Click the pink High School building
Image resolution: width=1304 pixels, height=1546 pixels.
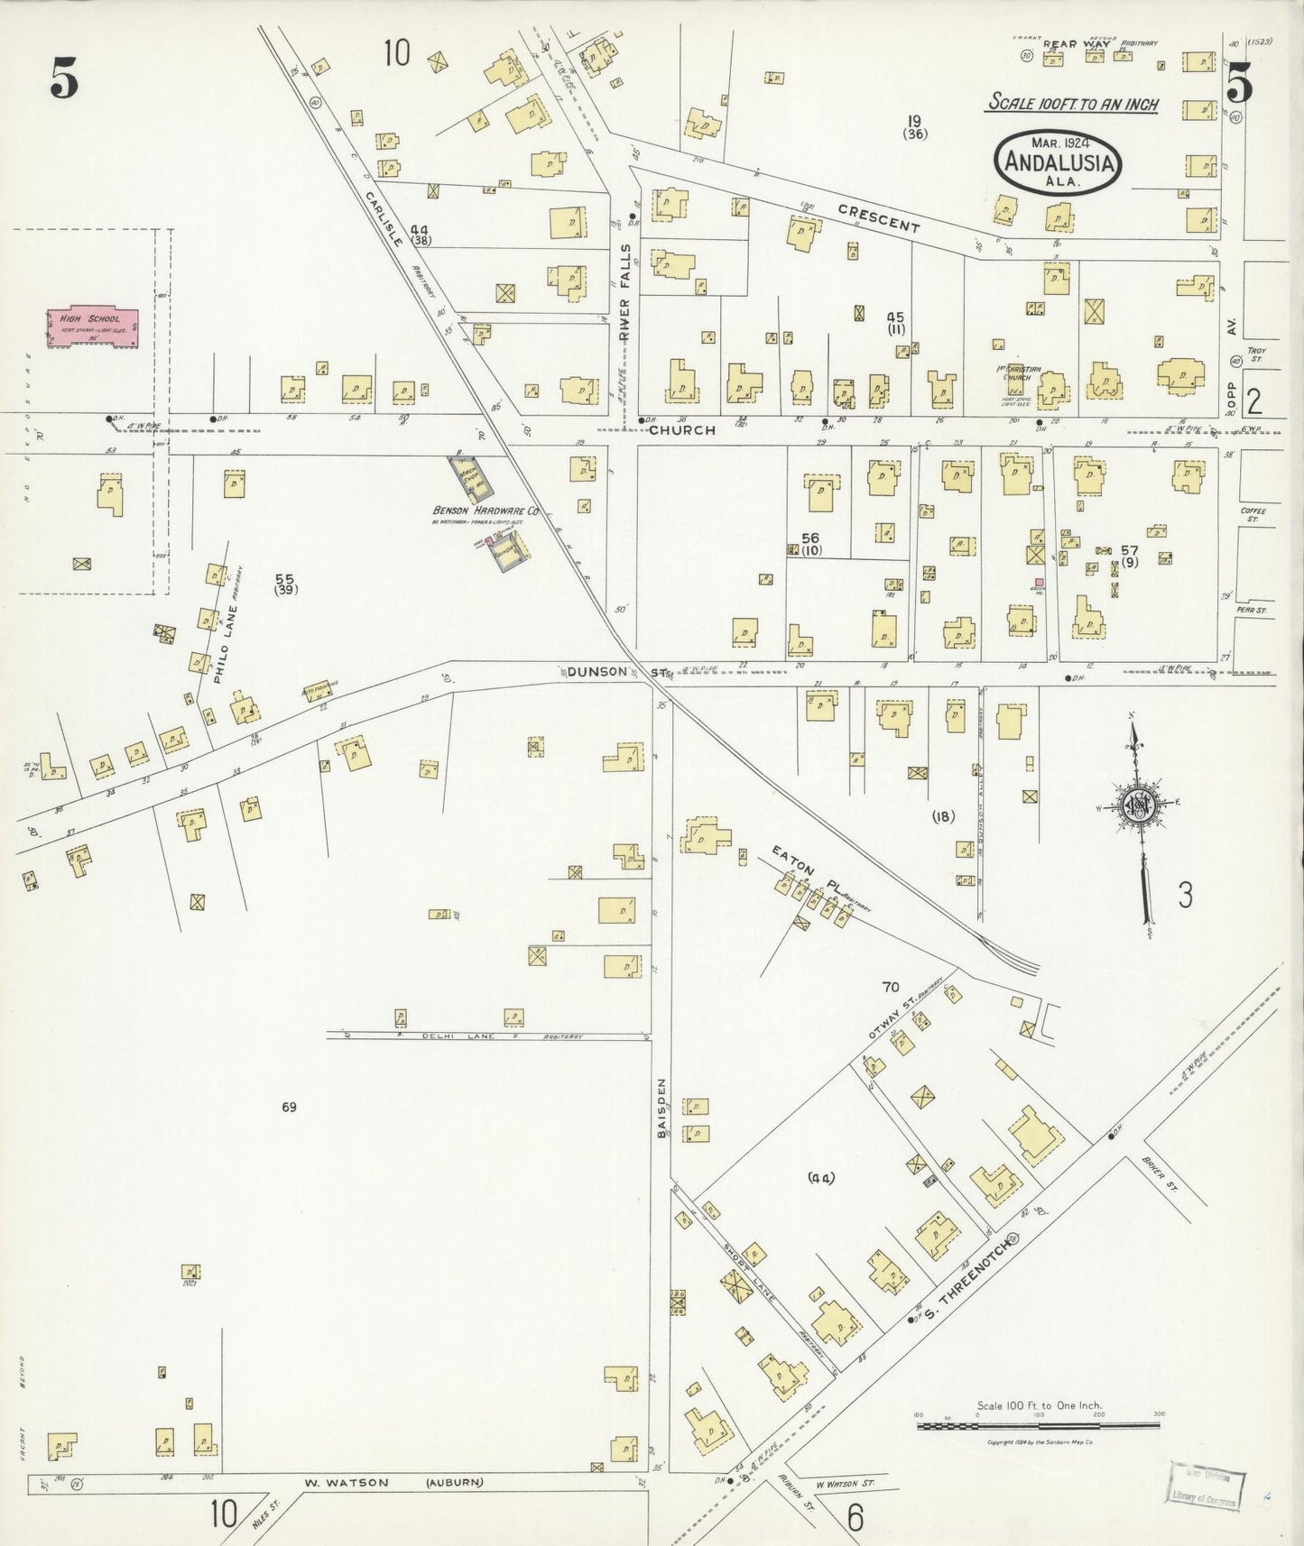pos(93,327)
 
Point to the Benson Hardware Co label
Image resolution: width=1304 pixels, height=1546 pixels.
pos(486,511)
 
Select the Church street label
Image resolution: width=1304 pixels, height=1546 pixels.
pos(681,430)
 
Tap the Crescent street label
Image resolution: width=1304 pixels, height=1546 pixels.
pos(878,218)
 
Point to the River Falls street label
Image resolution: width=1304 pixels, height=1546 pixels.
pos(624,290)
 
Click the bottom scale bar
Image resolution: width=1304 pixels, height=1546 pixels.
pos(1038,1426)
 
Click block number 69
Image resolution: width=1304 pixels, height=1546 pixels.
pos(288,1107)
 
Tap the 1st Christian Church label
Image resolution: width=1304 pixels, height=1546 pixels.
pos(1021,373)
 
